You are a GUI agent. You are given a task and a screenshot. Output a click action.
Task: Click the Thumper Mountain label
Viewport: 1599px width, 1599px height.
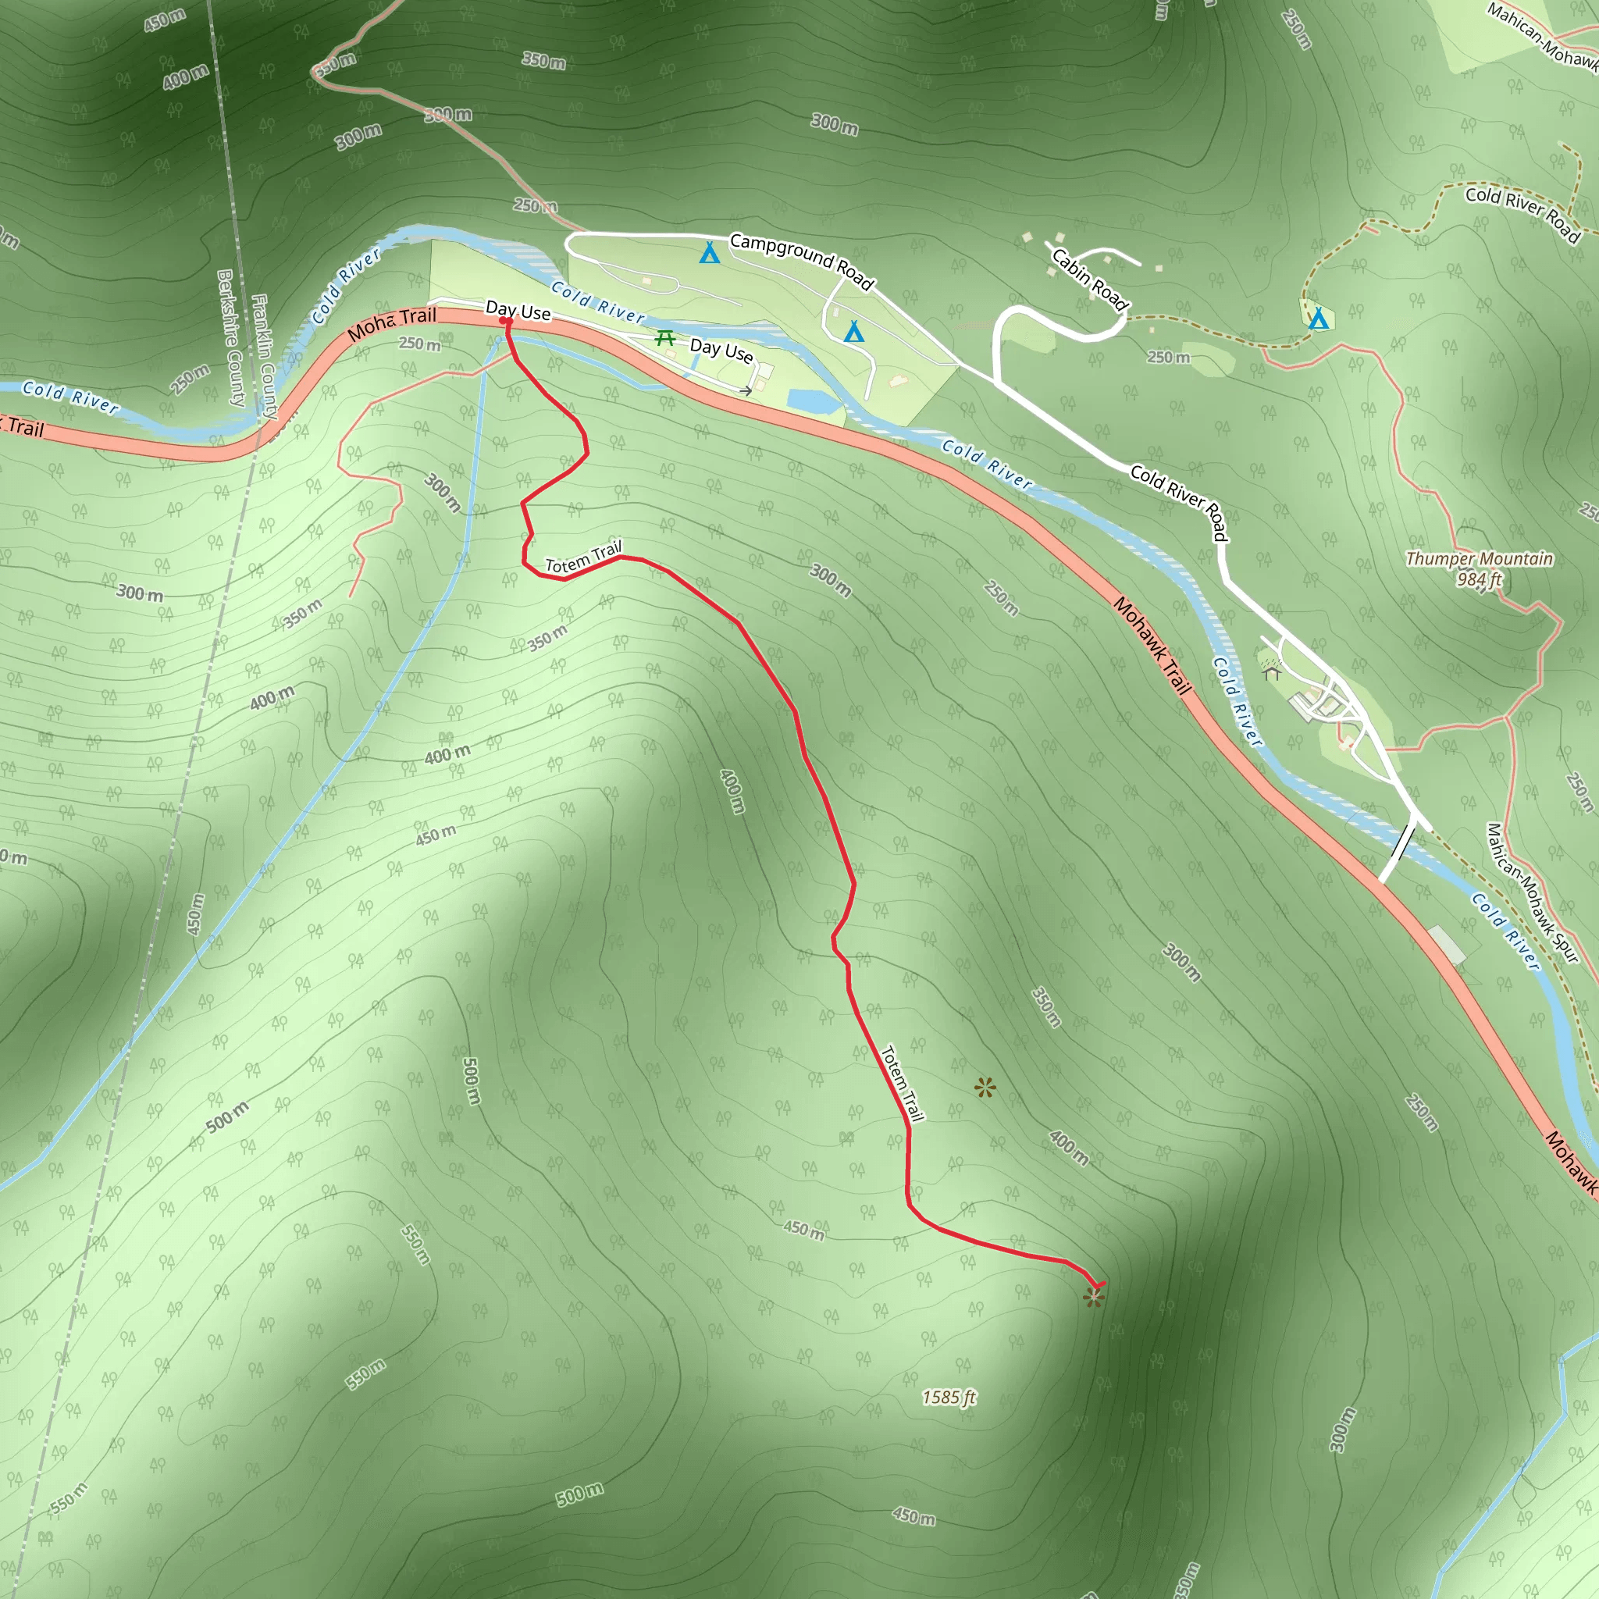click(x=1479, y=559)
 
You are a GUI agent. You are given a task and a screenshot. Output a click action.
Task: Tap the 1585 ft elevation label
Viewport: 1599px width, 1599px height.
click(x=949, y=1398)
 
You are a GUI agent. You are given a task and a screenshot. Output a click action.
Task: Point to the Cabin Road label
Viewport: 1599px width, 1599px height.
click(x=1089, y=280)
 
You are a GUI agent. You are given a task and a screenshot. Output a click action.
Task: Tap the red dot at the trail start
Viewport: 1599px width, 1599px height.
click(x=504, y=321)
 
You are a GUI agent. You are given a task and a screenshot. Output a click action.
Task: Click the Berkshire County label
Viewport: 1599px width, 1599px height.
click(x=231, y=337)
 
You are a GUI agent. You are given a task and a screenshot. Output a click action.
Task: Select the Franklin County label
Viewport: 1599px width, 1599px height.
click(x=264, y=356)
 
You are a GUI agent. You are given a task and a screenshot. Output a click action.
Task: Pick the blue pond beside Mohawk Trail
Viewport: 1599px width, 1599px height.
click(x=814, y=401)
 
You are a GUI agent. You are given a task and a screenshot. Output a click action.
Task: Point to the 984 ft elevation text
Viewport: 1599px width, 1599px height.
click(x=1479, y=579)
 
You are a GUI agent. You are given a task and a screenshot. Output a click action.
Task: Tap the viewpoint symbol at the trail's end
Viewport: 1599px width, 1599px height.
click(x=1093, y=1297)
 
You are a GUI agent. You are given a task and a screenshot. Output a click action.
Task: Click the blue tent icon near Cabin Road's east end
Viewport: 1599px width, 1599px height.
click(x=1319, y=318)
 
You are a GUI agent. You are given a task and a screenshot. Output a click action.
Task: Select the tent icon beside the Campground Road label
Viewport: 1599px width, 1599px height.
click(x=709, y=253)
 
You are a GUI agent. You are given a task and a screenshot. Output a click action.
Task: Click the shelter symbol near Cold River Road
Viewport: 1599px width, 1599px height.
click(x=1272, y=672)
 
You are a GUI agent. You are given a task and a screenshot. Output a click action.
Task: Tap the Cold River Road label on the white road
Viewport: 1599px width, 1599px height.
click(x=1178, y=501)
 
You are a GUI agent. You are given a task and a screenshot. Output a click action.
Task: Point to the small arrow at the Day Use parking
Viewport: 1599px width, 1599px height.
click(x=746, y=390)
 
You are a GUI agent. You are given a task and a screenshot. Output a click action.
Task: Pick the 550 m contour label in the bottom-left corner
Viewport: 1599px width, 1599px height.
click(x=68, y=1498)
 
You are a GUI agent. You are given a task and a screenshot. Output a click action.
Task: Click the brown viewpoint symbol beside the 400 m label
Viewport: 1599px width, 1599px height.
click(x=985, y=1088)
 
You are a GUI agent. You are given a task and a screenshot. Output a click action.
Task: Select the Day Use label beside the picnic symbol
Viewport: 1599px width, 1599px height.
click(x=721, y=351)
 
